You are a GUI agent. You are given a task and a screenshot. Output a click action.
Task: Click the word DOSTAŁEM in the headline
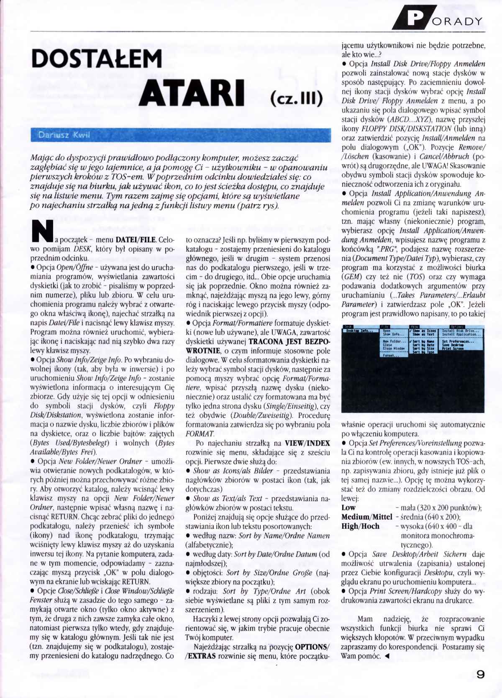coord(96,59)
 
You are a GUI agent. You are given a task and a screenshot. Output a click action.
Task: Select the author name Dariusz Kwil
coord(64,135)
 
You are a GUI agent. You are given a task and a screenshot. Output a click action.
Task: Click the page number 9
coord(480,674)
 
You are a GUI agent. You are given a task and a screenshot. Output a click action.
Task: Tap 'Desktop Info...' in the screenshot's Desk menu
coord(359,331)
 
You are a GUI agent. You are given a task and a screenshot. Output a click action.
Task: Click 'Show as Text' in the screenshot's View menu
coord(423,334)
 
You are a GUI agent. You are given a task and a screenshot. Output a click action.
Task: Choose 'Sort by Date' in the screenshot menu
coord(424,344)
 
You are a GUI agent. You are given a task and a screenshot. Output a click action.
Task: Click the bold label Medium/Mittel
coord(366,517)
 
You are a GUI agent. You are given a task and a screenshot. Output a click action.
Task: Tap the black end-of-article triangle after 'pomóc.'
coord(387,656)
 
